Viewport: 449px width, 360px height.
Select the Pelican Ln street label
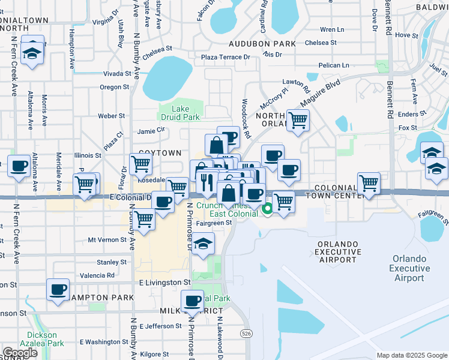pyautogui.click(x=334, y=65)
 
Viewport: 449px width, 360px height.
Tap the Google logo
pyautogui.click(x=20, y=353)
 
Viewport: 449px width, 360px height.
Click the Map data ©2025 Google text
pyautogui.click(x=411, y=355)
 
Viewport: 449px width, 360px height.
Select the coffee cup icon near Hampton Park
pyautogui.click(x=58, y=290)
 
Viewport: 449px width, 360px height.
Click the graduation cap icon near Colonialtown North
pyautogui.click(x=31, y=52)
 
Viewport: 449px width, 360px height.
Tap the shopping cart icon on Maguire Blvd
pyautogui.click(x=298, y=120)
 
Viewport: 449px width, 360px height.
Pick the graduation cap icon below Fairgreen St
pyautogui.click(x=203, y=244)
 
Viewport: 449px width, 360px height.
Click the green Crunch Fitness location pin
pyautogui.click(x=267, y=209)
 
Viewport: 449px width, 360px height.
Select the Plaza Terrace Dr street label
pyautogui.click(x=226, y=57)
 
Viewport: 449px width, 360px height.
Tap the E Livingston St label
pyautogui.click(x=164, y=282)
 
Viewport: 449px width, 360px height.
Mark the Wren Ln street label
pyautogui.click(x=332, y=29)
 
